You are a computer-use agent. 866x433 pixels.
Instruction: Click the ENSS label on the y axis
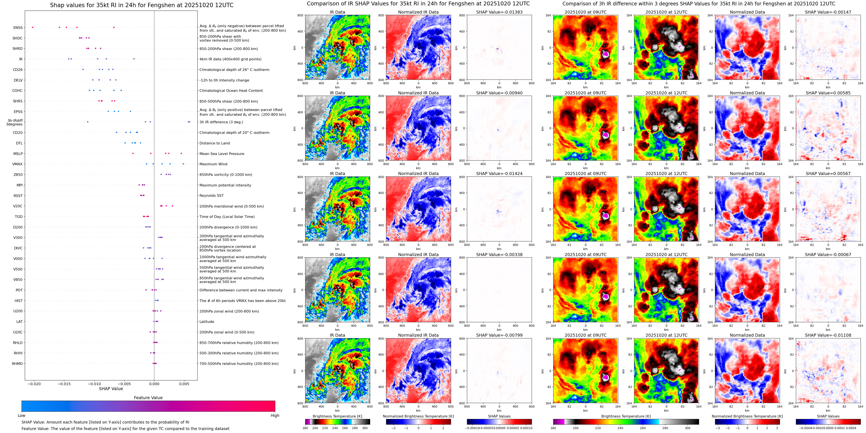(x=18, y=28)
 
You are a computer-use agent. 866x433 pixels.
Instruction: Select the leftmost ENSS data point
(x=33, y=27)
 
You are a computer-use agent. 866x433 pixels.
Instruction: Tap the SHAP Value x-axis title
(x=111, y=389)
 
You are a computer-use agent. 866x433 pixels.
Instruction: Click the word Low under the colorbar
(x=22, y=416)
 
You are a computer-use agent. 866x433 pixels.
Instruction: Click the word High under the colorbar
(x=275, y=416)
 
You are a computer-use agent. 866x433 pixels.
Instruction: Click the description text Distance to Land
(x=214, y=143)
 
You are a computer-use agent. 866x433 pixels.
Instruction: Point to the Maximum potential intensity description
(x=225, y=185)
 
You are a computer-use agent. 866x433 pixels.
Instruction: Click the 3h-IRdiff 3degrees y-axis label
(x=15, y=122)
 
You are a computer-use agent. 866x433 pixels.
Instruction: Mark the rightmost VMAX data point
(x=183, y=164)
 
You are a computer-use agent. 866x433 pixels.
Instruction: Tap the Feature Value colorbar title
(x=148, y=398)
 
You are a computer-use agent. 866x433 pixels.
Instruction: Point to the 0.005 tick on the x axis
(x=184, y=384)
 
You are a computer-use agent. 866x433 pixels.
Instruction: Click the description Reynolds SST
(x=211, y=195)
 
